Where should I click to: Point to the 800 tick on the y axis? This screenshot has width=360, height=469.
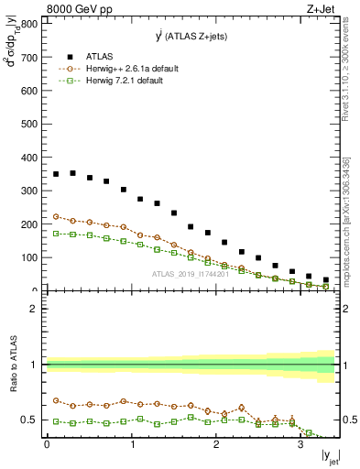point(34,25)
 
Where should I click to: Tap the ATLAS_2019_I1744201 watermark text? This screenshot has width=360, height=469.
point(191,275)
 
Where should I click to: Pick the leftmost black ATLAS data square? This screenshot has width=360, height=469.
point(56,174)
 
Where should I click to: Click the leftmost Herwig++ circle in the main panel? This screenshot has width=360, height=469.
point(56,217)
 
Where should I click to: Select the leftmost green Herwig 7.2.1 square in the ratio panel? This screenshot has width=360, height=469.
point(56,421)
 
